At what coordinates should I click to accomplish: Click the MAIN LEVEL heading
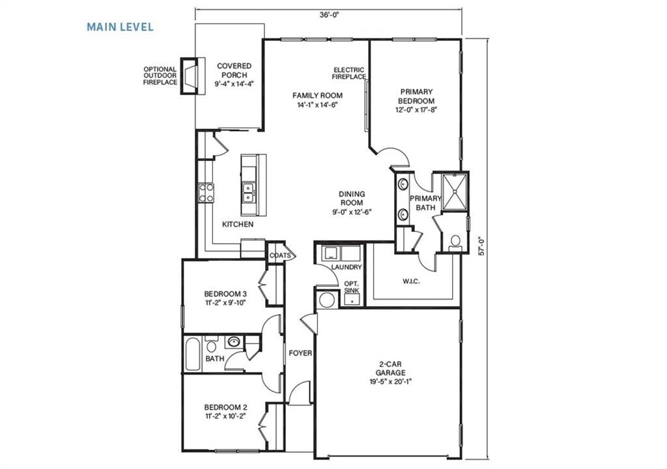[120, 27]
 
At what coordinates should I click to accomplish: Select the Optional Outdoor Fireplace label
[160, 76]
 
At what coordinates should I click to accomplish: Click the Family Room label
[317, 96]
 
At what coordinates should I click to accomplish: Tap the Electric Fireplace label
[349, 74]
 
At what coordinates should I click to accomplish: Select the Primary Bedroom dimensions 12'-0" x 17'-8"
[417, 110]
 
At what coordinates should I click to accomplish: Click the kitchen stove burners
[206, 191]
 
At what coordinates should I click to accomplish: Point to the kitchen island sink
[248, 191]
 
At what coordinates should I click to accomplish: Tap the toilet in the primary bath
[455, 242]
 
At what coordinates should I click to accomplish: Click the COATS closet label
[280, 255]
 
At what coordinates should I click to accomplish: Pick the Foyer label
[300, 353]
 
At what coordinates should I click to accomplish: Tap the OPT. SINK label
[352, 287]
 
